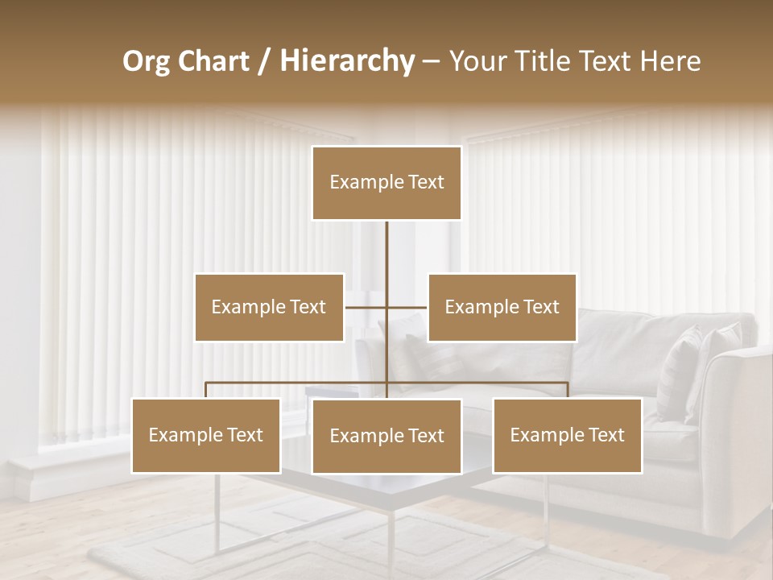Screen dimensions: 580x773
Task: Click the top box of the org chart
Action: (x=386, y=183)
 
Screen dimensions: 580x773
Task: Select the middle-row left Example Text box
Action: (x=269, y=307)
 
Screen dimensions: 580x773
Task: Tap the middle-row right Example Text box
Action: (x=502, y=307)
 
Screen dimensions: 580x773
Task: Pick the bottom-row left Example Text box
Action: (x=206, y=435)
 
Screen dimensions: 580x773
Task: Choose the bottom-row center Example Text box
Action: (x=386, y=436)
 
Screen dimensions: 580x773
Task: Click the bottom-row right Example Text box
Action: (x=568, y=435)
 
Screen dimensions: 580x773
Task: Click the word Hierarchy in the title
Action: (x=347, y=61)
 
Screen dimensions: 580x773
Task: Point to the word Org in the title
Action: (x=146, y=61)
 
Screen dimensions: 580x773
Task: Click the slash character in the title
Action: (x=265, y=62)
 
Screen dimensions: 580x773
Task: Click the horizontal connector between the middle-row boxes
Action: (x=366, y=307)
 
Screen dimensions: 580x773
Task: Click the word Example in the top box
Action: (x=359, y=183)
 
